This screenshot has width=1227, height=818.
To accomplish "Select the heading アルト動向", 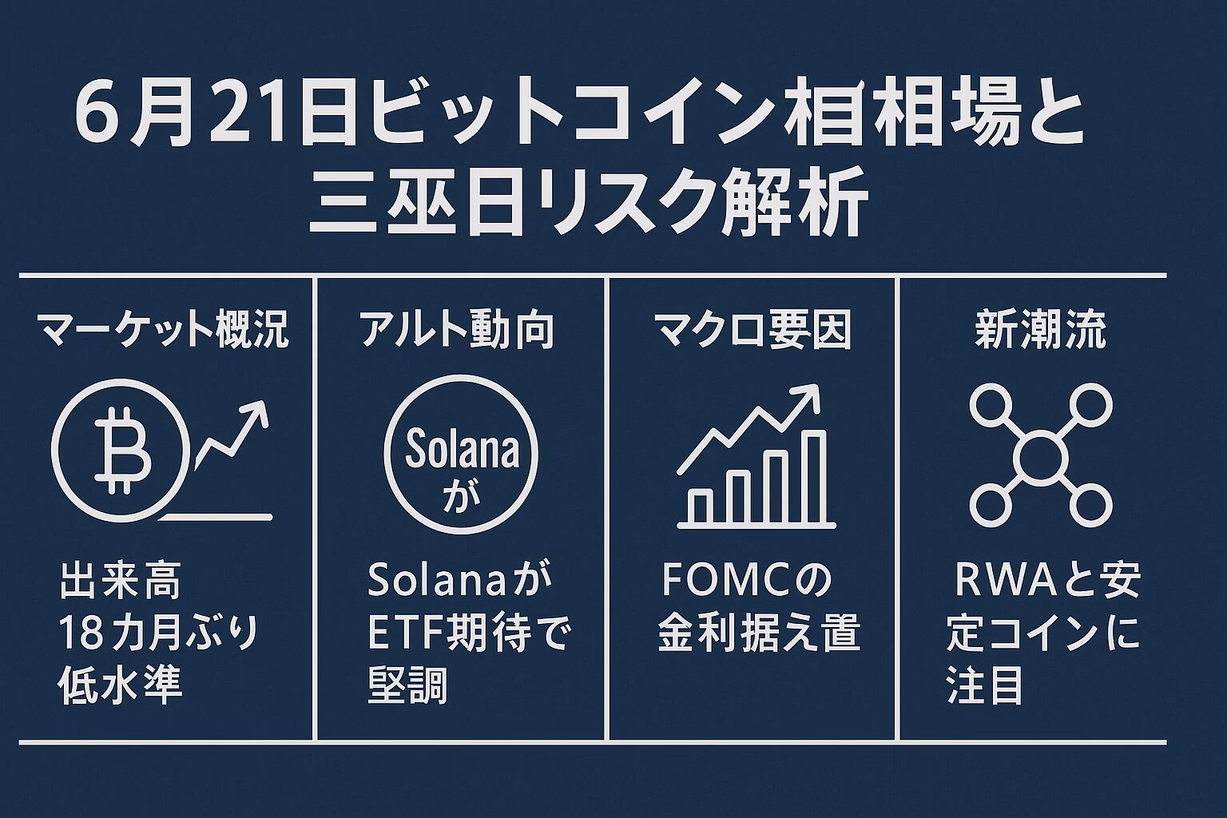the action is coord(457,331).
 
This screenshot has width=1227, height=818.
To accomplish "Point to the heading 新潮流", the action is coord(1040,331).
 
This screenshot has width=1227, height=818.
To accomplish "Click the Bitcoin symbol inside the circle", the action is coord(122,450).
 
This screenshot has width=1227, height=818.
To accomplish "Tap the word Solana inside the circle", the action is coord(461,449).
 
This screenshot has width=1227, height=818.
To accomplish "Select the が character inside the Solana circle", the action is coord(462,496).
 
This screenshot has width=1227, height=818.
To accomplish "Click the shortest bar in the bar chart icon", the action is coord(701,506).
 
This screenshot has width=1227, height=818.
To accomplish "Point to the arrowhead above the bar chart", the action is coord(808,398).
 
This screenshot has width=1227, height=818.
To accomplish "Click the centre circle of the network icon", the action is coord(1041,458).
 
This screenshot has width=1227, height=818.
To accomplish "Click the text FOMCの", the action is coord(747,580).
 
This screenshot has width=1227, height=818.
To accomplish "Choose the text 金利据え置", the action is coord(759,633).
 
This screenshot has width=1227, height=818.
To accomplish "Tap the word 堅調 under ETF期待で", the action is coord(407,685).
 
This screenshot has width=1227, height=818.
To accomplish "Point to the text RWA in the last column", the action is coord(1007,580).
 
